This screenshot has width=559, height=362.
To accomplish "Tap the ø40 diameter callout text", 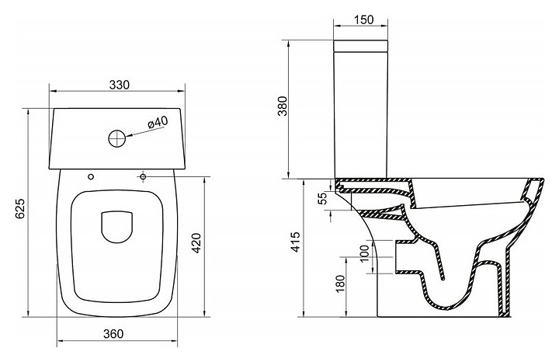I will [157, 123].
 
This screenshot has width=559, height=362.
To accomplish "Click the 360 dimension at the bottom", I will [113, 335].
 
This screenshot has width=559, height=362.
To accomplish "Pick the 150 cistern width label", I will [361, 19].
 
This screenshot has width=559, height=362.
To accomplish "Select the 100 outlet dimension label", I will [365, 254].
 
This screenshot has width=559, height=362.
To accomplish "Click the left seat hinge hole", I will [92, 176].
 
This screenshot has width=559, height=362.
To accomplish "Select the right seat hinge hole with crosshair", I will [144, 176].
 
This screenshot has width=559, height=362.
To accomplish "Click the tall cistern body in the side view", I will [361, 113].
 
